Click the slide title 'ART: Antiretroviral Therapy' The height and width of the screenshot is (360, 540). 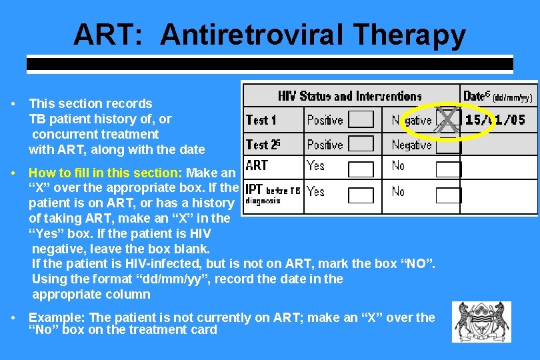point(269,35)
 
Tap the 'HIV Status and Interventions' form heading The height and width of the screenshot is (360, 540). point(350,96)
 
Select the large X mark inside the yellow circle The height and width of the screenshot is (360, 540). point(449,121)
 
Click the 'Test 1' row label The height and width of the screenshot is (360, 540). point(261,121)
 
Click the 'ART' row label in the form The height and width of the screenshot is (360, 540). point(257,165)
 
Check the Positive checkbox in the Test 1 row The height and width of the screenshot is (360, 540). point(361,120)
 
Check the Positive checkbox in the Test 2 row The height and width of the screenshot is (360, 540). point(361,144)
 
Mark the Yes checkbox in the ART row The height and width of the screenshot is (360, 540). point(361,169)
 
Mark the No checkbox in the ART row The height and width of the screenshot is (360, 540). point(448,169)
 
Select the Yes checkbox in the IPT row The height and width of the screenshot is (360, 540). point(361,195)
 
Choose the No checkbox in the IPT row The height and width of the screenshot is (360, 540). point(448,195)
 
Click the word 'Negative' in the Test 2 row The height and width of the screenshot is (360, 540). point(411,145)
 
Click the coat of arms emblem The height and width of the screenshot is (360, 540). point(481,322)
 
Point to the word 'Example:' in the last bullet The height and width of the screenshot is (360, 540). point(57,317)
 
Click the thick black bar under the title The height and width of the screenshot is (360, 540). point(269,65)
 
